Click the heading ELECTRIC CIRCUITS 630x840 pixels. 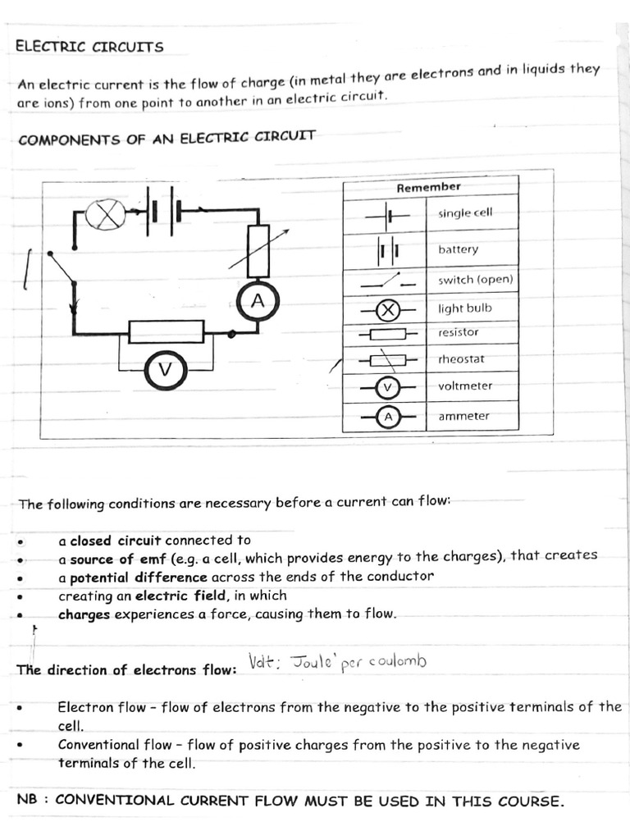(x=89, y=47)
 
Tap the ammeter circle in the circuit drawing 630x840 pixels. (x=257, y=303)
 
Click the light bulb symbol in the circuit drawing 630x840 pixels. (x=106, y=216)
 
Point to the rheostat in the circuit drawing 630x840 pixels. (x=258, y=252)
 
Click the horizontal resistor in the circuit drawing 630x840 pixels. (x=167, y=331)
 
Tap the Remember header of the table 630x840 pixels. (x=428, y=188)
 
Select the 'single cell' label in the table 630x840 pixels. (x=465, y=213)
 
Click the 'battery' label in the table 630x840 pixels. (x=458, y=249)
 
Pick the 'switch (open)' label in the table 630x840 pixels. (x=475, y=280)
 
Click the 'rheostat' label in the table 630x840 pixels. (x=462, y=359)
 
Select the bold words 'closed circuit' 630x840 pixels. (x=116, y=541)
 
